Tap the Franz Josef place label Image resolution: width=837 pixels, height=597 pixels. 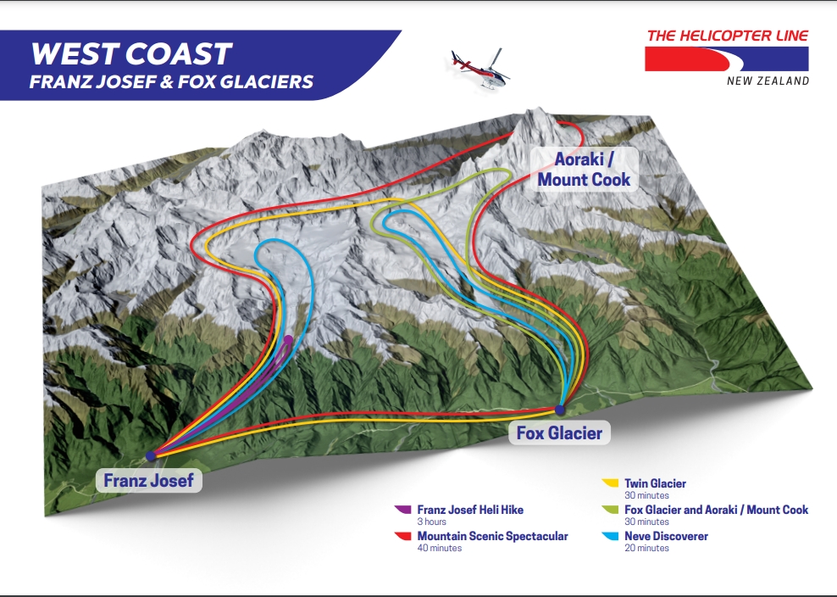pyautogui.click(x=148, y=481)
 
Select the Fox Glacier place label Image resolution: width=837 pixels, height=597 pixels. pyautogui.click(x=559, y=433)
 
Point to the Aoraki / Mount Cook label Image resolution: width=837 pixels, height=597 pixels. pyautogui.click(x=584, y=170)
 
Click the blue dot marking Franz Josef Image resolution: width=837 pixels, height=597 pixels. pyautogui.click(x=151, y=455)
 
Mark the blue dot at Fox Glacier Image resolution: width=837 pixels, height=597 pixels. pyautogui.click(x=559, y=410)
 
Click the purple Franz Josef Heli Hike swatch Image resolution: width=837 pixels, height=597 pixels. pyautogui.click(x=402, y=510)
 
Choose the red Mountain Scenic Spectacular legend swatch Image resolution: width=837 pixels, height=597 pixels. pyautogui.click(x=402, y=536)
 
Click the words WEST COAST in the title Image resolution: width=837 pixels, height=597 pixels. pyautogui.click(x=130, y=54)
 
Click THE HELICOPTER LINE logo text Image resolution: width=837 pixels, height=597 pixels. pyautogui.click(x=727, y=36)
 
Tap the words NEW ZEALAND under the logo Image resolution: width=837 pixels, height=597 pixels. pyautogui.click(x=768, y=81)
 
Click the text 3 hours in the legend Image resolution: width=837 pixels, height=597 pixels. pyautogui.click(x=432, y=522)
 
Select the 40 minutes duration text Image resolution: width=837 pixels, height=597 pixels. pyautogui.click(x=440, y=548)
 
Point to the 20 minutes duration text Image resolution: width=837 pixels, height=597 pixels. pyautogui.click(x=646, y=548)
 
